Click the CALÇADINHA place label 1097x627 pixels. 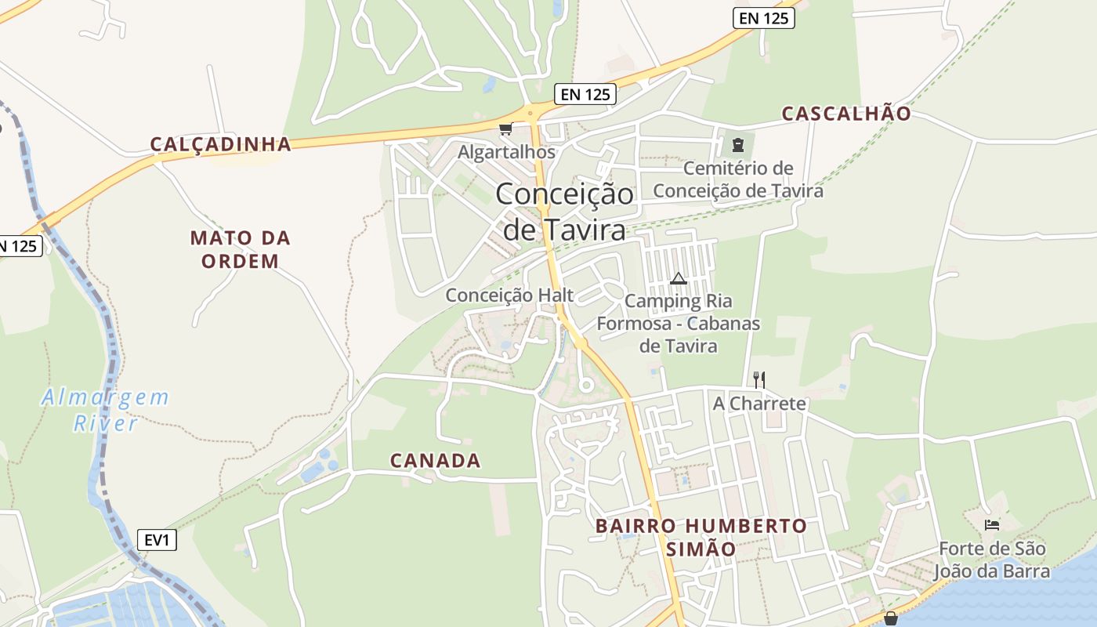(220, 144)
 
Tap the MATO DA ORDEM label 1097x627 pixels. (240, 249)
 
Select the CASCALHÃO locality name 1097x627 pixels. (846, 114)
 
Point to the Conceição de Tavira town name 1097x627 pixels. (564, 212)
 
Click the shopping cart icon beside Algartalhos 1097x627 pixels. (505, 129)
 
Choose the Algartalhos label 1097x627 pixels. (506, 152)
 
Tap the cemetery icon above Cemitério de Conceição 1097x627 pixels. (737, 144)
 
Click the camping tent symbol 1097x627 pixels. (678, 278)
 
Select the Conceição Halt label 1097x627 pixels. (509, 295)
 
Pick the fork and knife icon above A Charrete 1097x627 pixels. (758, 380)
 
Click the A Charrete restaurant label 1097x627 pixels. (758, 404)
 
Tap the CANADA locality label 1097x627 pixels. (435, 461)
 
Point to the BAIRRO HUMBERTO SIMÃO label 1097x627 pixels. (701, 537)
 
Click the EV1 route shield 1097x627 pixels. (157, 540)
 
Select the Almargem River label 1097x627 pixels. (105, 410)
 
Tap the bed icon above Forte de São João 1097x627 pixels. (992, 524)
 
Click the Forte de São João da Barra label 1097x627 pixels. (994, 560)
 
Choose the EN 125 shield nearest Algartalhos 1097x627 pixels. (585, 95)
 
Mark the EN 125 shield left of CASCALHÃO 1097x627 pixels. (763, 18)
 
